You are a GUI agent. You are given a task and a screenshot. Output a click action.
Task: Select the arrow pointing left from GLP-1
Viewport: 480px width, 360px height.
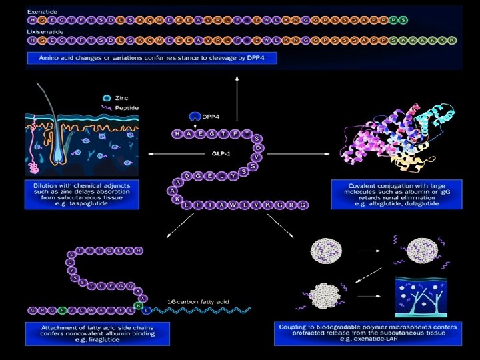[160, 154]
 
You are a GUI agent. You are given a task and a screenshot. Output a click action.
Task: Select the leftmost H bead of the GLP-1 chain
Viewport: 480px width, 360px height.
[177, 134]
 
